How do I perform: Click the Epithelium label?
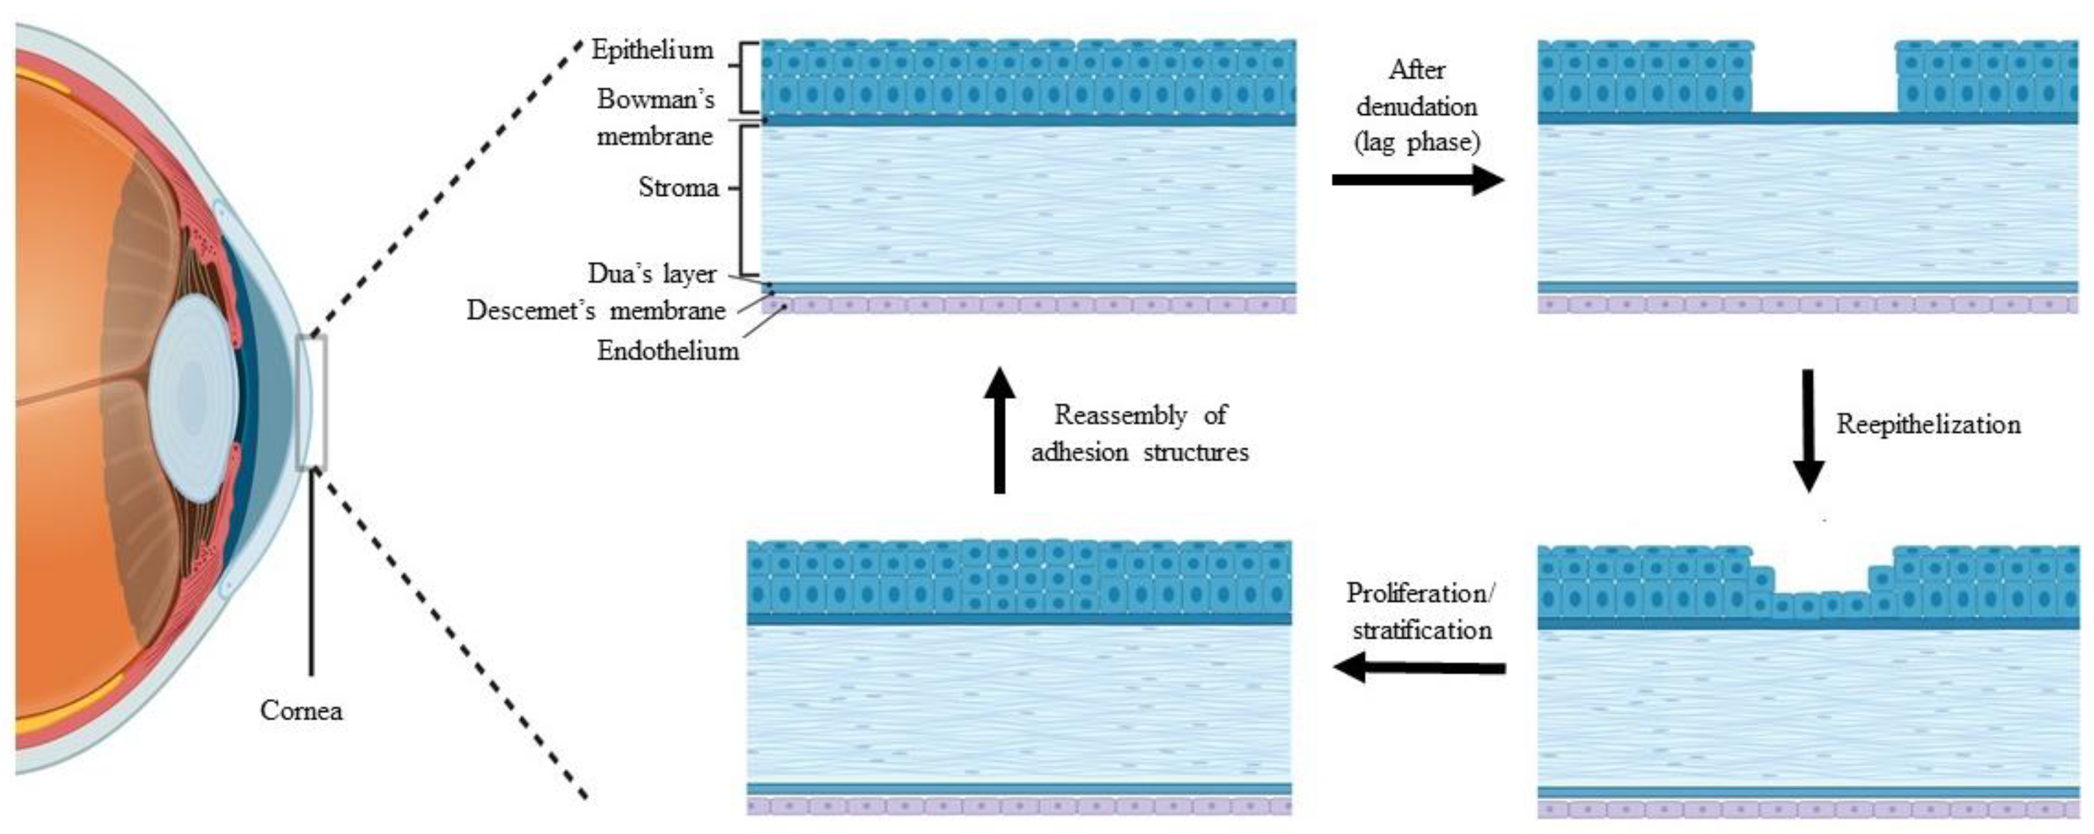652,51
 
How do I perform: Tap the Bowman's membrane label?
655,117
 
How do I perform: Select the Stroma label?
678,188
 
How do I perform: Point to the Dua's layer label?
652,273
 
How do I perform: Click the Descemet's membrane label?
596,311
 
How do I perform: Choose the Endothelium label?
667,351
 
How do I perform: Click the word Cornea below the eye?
301,710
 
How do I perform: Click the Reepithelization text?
1928,424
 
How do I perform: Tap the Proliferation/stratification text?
1420,611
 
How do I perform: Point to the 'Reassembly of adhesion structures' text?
1140,433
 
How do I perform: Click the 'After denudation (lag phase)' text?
1417,106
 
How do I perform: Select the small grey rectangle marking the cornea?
311,402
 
